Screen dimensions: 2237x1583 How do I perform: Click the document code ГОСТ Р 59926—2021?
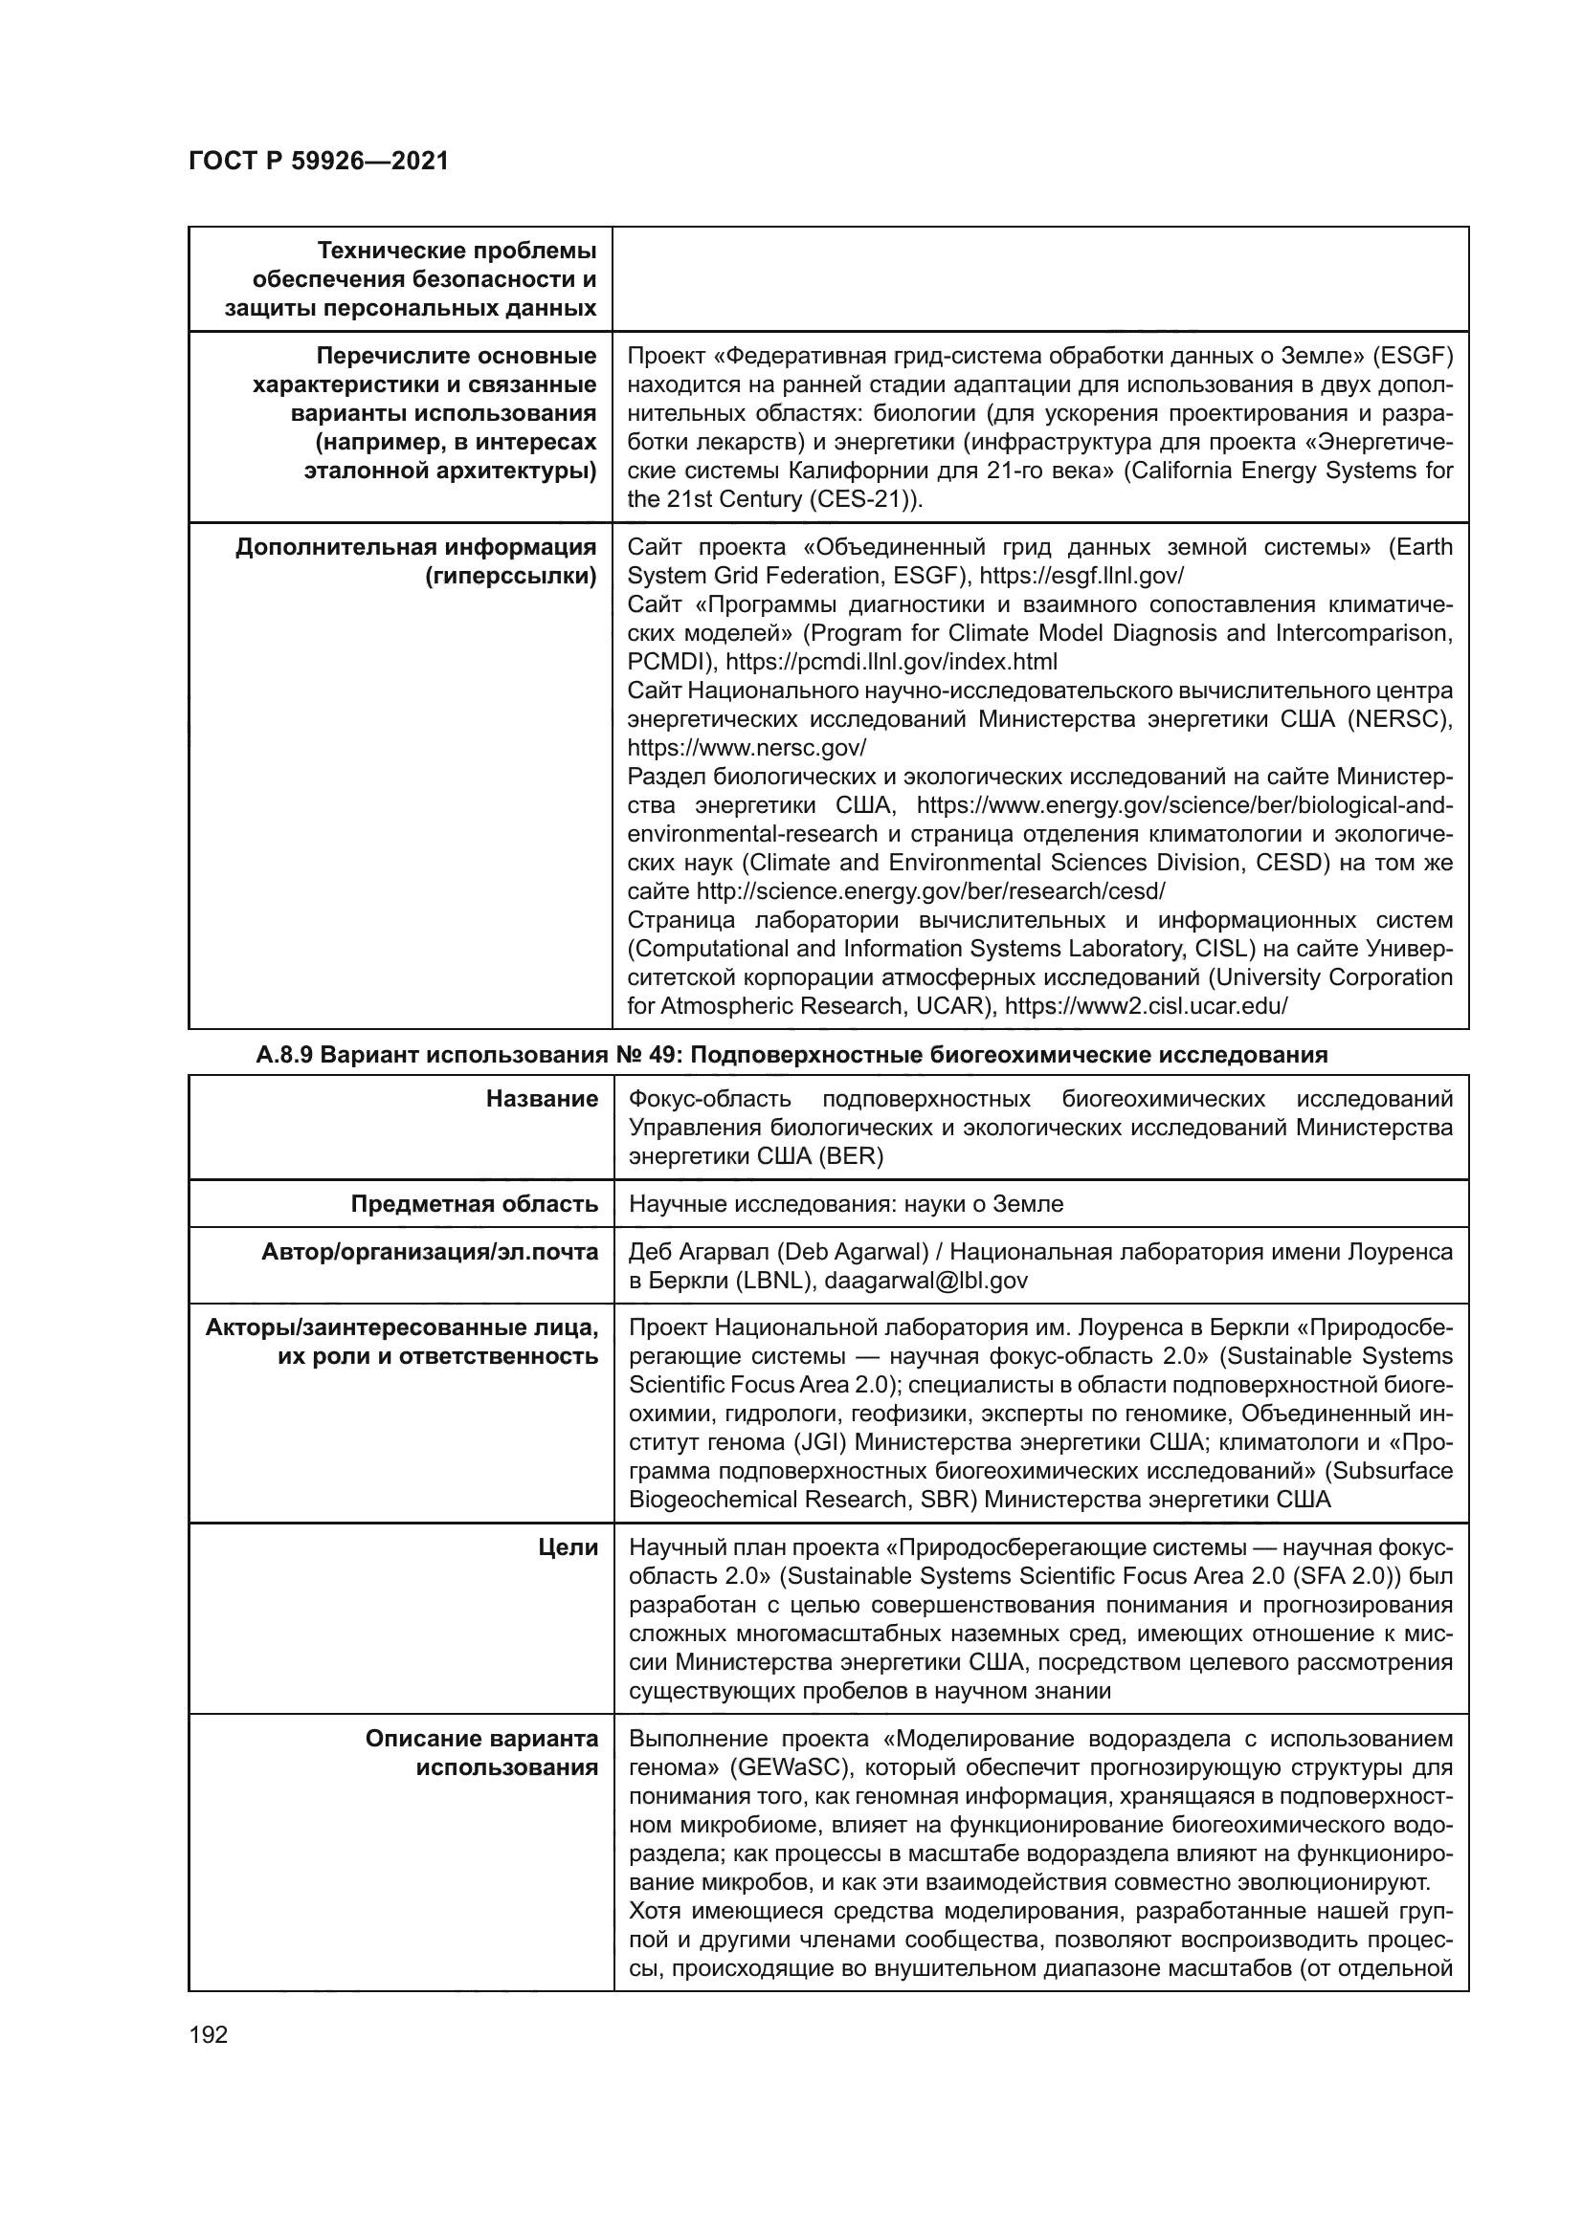tap(319, 161)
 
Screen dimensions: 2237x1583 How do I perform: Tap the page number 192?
tap(209, 2034)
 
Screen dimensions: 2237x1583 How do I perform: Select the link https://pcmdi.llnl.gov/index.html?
tap(891, 663)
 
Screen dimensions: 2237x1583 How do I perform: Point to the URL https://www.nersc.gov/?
tap(747, 748)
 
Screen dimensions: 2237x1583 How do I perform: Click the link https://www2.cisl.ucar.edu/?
tap(1147, 1006)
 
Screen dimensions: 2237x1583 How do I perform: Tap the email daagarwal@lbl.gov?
tap(925, 1281)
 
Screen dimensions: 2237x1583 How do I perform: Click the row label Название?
tap(542, 1099)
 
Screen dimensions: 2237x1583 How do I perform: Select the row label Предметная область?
tap(474, 1204)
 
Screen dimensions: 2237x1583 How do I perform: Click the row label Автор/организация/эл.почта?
tap(429, 1252)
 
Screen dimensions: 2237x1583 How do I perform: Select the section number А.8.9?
tap(283, 1054)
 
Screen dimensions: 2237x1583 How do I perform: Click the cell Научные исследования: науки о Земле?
tap(846, 1204)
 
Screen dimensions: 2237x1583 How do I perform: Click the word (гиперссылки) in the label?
tap(511, 576)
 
